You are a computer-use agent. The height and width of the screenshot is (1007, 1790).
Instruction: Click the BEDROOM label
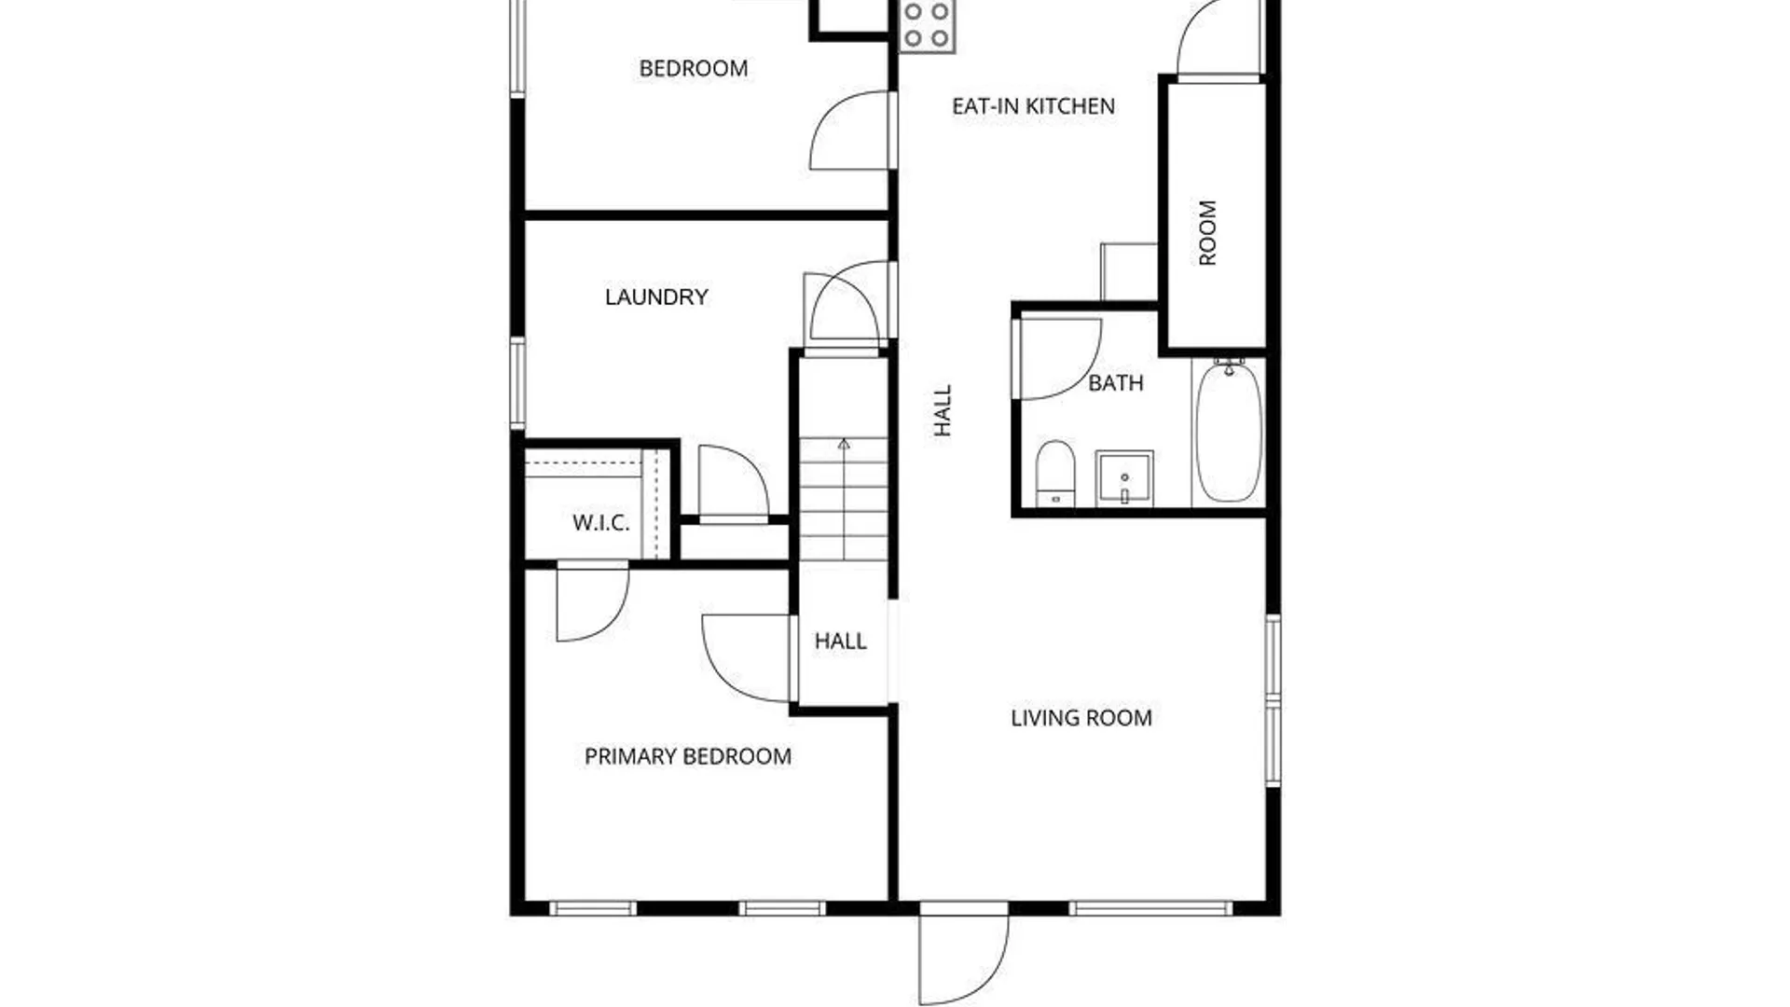click(x=693, y=68)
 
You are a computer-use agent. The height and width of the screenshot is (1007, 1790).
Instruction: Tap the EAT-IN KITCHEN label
click(x=1033, y=106)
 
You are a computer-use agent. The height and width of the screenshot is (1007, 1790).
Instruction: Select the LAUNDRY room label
click(x=656, y=297)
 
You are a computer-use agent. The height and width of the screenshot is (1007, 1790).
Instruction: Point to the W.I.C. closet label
click(x=600, y=522)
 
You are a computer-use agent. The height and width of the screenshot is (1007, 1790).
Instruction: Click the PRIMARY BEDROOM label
click(x=688, y=756)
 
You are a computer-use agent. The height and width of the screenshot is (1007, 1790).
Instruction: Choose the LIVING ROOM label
click(x=1081, y=718)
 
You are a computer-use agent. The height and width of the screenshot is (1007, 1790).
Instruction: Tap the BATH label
click(x=1116, y=383)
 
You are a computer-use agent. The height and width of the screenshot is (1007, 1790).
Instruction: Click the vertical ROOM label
click(x=1207, y=232)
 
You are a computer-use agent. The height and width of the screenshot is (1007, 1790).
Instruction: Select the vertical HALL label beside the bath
click(x=943, y=410)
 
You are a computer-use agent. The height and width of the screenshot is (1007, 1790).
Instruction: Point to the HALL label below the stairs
click(x=840, y=641)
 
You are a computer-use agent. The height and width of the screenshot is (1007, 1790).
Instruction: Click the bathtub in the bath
click(x=1230, y=431)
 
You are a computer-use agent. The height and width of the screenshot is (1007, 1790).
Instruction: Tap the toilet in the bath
click(x=1055, y=474)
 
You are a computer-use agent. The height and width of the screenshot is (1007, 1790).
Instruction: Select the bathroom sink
click(x=1124, y=478)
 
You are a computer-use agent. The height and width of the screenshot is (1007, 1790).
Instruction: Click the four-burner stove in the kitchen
click(x=928, y=25)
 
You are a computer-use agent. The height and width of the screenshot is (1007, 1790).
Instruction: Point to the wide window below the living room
click(x=1150, y=908)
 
